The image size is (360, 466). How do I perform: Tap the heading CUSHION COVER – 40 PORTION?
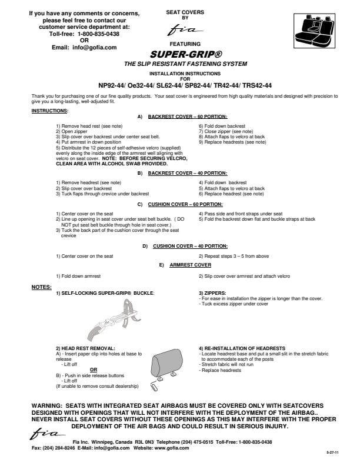point(190,246)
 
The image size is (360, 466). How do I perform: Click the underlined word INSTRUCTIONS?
point(49,111)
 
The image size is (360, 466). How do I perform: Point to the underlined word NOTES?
point(40,287)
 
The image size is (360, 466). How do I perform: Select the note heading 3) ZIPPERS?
point(212,293)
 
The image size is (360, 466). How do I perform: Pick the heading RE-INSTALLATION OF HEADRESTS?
point(242,348)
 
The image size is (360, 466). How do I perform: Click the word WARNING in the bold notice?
point(50,406)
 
